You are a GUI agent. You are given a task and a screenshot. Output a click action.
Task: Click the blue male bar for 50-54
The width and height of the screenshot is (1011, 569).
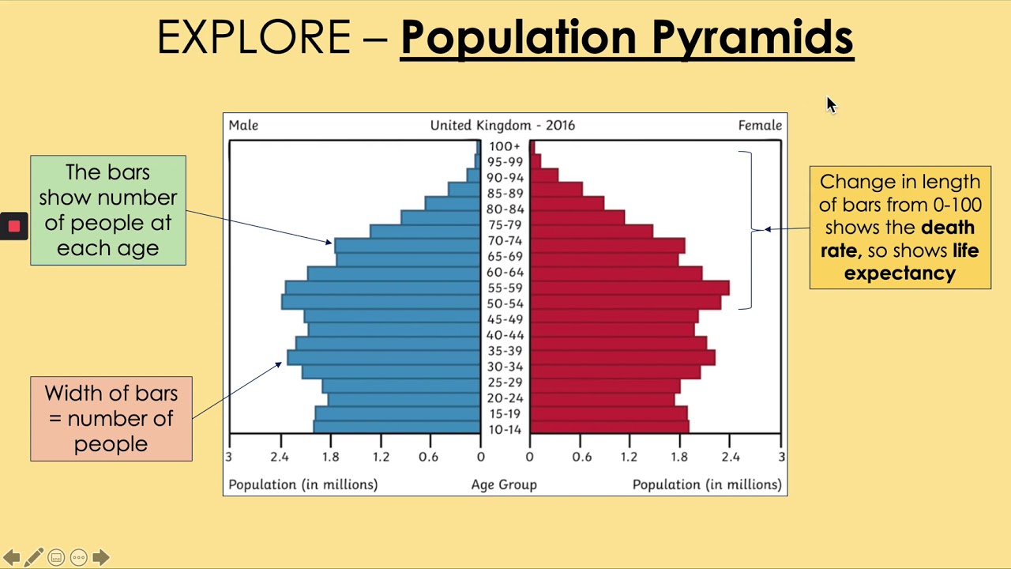click(381, 303)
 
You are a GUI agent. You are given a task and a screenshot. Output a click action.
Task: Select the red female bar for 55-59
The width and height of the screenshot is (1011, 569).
click(629, 288)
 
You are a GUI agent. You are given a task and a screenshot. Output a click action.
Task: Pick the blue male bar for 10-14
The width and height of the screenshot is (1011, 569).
click(397, 427)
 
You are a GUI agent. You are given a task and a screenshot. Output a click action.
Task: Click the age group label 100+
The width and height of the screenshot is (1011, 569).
click(505, 146)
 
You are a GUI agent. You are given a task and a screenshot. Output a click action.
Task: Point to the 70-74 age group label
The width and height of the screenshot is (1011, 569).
click(505, 240)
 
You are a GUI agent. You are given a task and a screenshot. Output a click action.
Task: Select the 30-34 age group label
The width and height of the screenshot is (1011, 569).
click(505, 367)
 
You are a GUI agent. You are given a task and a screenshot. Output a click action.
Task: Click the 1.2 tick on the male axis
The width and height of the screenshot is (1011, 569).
click(381, 457)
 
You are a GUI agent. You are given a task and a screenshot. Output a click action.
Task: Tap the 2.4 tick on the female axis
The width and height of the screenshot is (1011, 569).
click(730, 457)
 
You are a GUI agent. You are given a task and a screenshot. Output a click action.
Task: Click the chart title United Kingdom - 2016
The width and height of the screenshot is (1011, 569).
click(502, 125)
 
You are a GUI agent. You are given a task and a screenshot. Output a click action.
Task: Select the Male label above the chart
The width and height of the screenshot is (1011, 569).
click(243, 125)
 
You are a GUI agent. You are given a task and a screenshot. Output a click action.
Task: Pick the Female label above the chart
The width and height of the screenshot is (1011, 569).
click(760, 125)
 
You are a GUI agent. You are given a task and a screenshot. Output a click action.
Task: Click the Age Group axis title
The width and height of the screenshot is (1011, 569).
click(504, 484)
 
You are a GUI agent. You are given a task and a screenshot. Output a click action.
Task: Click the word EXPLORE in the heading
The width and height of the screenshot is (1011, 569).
click(254, 37)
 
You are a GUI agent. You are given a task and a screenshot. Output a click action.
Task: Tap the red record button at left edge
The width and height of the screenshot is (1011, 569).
click(14, 227)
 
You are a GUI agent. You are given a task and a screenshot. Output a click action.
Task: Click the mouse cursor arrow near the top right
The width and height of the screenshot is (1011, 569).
click(830, 104)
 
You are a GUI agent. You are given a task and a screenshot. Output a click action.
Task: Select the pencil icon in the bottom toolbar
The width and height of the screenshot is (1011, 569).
click(33, 557)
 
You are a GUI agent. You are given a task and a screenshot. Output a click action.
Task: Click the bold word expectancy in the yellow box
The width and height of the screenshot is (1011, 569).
click(900, 273)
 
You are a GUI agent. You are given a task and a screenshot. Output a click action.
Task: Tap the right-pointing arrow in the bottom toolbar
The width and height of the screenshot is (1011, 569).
click(100, 557)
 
